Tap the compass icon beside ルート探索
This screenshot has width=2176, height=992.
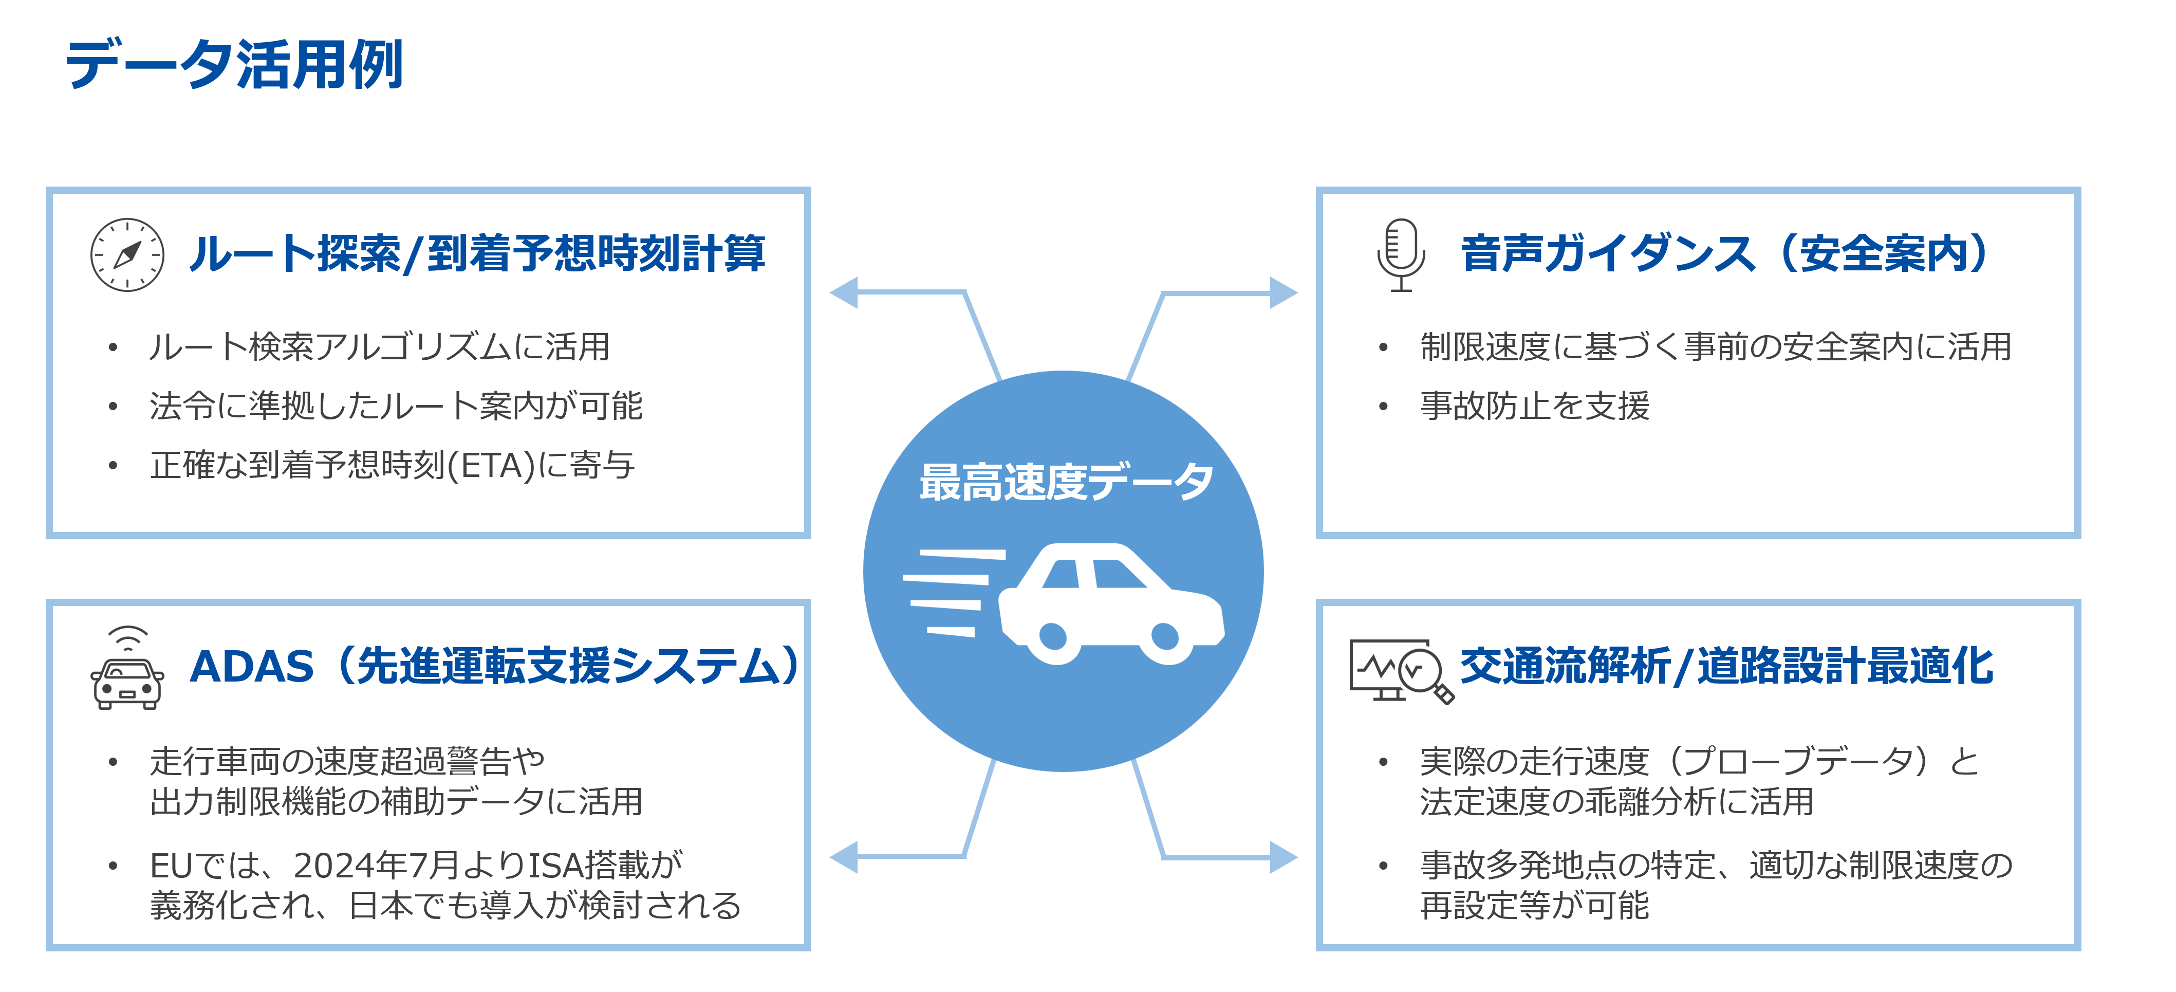click(x=127, y=254)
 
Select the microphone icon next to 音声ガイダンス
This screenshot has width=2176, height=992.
click(x=1401, y=254)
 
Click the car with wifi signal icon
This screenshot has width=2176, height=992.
click(x=127, y=668)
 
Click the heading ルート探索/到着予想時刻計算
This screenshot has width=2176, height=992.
click(x=477, y=253)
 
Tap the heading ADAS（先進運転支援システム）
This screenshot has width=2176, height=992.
click(x=494, y=666)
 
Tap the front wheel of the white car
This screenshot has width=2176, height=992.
click(x=1165, y=636)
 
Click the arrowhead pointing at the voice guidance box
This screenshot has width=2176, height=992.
click(x=1284, y=292)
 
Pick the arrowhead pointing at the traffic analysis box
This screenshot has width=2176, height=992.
click(x=1284, y=857)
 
